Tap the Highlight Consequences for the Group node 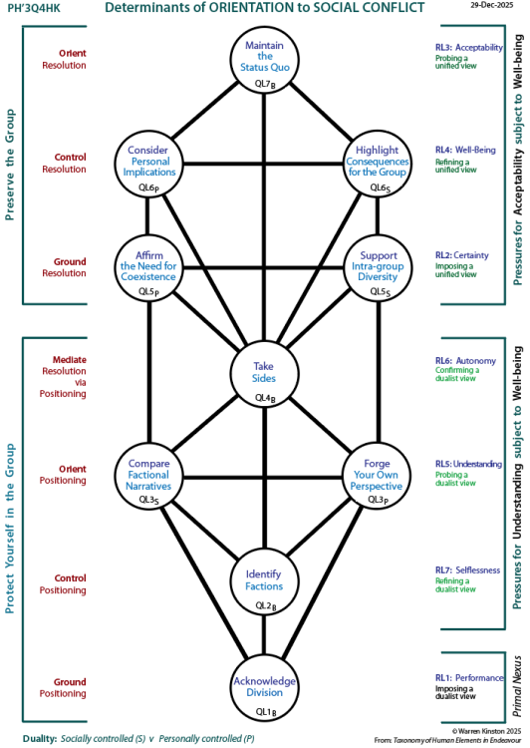(378, 160)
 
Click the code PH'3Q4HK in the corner (30, 8)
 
